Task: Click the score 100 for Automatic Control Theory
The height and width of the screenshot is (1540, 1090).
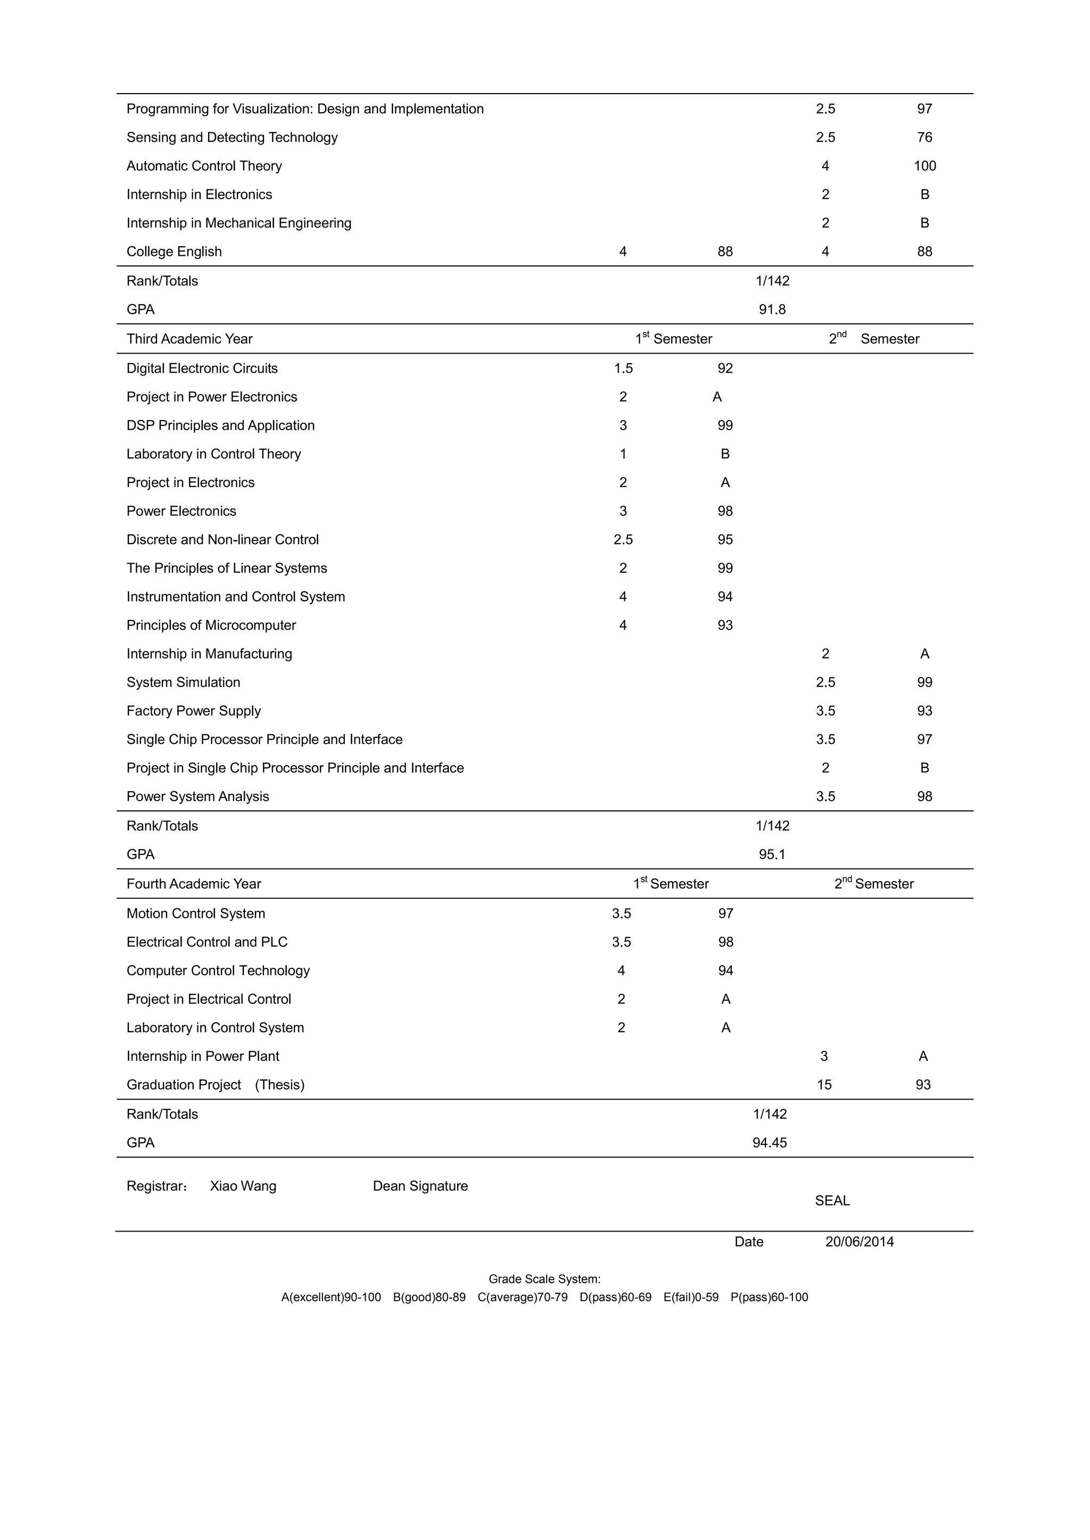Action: click(924, 166)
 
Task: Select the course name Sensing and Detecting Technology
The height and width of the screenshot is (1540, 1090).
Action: click(232, 138)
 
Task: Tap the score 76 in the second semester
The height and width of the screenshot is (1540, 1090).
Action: click(924, 138)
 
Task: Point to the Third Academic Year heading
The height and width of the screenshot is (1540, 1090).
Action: click(189, 339)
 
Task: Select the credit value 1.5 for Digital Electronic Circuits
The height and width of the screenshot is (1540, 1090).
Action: click(623, 368)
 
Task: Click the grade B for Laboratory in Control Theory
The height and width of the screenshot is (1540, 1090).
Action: click(725, 454)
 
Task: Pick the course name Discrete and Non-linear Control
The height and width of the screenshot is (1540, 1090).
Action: click(222, 540)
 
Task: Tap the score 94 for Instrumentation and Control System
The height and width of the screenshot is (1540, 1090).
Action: click(725, 597)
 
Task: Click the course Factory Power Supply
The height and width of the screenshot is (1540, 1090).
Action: click(193, 711)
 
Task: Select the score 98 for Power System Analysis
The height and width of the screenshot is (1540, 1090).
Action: click(924, 797)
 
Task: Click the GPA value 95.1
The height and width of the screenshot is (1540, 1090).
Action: click(772, 855)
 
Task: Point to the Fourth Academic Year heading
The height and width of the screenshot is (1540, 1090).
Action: click(193, 884)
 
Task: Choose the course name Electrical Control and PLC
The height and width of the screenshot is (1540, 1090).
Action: click(207, 942)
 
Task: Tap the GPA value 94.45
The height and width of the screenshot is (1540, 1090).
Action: click(769, 1143)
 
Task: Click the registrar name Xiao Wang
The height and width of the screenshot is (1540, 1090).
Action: click(243, 1186)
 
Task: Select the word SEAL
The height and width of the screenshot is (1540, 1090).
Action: click(832, 1201)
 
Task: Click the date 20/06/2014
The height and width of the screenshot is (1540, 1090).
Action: click(859, 1242)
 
